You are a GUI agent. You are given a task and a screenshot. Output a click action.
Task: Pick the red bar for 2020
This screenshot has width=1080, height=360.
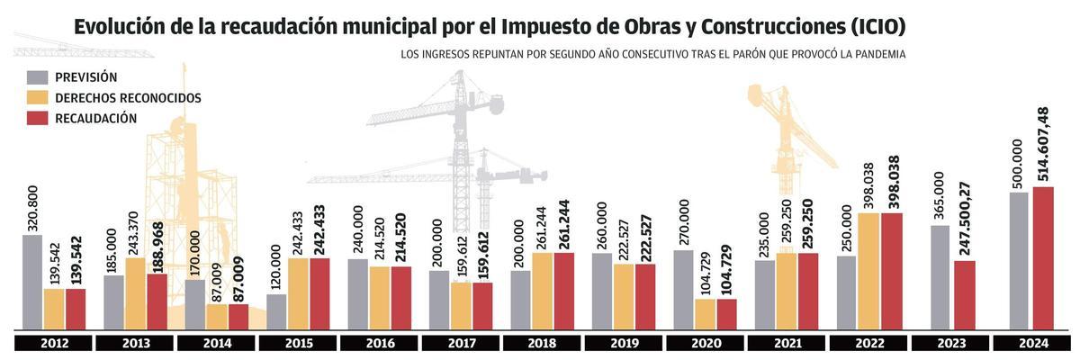point(726,314)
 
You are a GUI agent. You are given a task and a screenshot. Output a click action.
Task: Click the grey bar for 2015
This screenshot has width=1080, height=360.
point(277,311)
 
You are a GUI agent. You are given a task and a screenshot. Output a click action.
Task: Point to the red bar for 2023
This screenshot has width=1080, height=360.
point(964,295)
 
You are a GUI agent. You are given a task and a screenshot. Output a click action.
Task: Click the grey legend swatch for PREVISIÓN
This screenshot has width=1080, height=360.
point(38,77)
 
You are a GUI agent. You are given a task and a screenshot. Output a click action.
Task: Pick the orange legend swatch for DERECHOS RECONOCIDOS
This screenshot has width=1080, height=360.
point(38,97)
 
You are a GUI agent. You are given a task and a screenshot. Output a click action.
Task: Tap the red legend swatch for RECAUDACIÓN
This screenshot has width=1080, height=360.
point(38,118)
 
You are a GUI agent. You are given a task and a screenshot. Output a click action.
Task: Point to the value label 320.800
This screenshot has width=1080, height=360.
point(33,208)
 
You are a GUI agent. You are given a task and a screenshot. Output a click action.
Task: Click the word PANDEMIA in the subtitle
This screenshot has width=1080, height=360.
point(874,55)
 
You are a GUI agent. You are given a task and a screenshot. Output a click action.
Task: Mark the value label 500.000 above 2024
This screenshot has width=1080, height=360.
point(1018,163)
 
